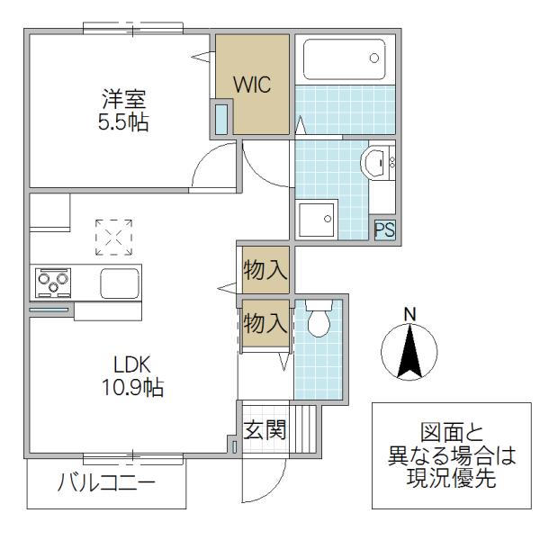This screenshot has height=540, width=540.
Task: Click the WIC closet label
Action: click(x=252, y=85)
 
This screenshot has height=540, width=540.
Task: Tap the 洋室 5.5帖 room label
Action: click(x=123, y=110)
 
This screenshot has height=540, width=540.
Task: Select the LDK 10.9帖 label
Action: click(x=132, y=376)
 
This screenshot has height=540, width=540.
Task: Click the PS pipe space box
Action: click(x=384, y=229)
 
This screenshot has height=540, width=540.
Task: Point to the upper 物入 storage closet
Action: click(x=265, y=270)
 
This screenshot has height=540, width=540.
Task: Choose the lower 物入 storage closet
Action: click(x=265, y=324)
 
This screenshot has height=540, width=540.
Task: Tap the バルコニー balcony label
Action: click(x=106, y=482)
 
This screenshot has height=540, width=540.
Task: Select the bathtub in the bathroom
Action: click(x=345, y=59)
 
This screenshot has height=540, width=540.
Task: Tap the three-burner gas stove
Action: click(x=53, y=283)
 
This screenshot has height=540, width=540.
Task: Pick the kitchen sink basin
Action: click(x=120, y=283)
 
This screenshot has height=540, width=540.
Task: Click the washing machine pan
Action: click(x=317, y=220)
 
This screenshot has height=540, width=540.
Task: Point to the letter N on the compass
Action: click(x=409, y=314)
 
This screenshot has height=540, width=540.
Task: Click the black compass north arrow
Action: click(x=409, y=351)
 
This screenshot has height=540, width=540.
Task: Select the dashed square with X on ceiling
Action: click(x=113, y=238)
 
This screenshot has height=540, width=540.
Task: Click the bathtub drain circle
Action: click(x=374, y=58)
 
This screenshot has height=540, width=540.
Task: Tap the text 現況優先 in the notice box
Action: click(x=452, y=478)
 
